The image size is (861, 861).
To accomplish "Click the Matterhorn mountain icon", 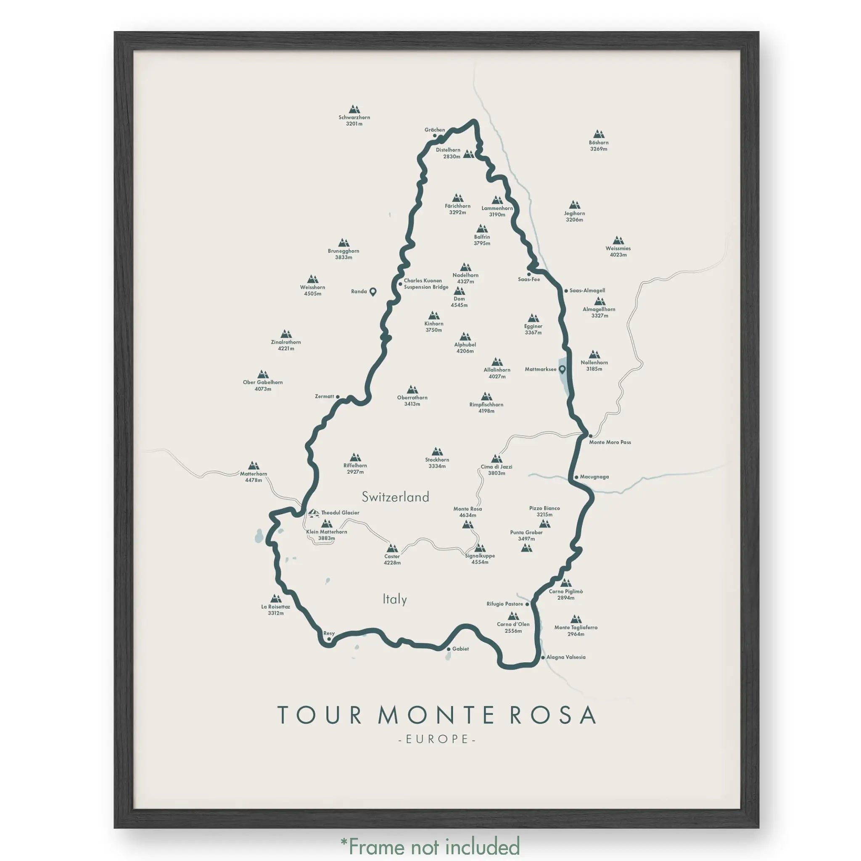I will pos(254,465).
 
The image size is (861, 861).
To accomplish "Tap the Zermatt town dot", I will pos(337,396).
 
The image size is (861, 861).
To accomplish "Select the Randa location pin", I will pos(373,291).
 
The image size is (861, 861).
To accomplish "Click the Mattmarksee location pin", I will pos(562,369).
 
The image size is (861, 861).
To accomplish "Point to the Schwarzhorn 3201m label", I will pos(354,120).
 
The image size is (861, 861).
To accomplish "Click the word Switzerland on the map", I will pos(395,497).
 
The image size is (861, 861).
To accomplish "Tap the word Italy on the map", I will pos(395,599).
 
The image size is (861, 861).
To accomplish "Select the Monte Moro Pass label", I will pos(610,442).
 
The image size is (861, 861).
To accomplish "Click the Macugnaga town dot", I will pos(576,477).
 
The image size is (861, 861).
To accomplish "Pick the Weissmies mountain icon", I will pos(618,240).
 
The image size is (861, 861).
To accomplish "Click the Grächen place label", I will pos(435,129).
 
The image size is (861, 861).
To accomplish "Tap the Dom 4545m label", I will pos(459,302).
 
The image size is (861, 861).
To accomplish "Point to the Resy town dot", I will pos(329,639).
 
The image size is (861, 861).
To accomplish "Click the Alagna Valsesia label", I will pos(566,657).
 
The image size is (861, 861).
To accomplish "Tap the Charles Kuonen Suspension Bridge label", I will pos(426,284).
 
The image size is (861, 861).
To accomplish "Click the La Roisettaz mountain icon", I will pos(276,598).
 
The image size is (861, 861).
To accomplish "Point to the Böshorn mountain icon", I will pos(599,134).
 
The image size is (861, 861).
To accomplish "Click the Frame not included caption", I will pos(430,846).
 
